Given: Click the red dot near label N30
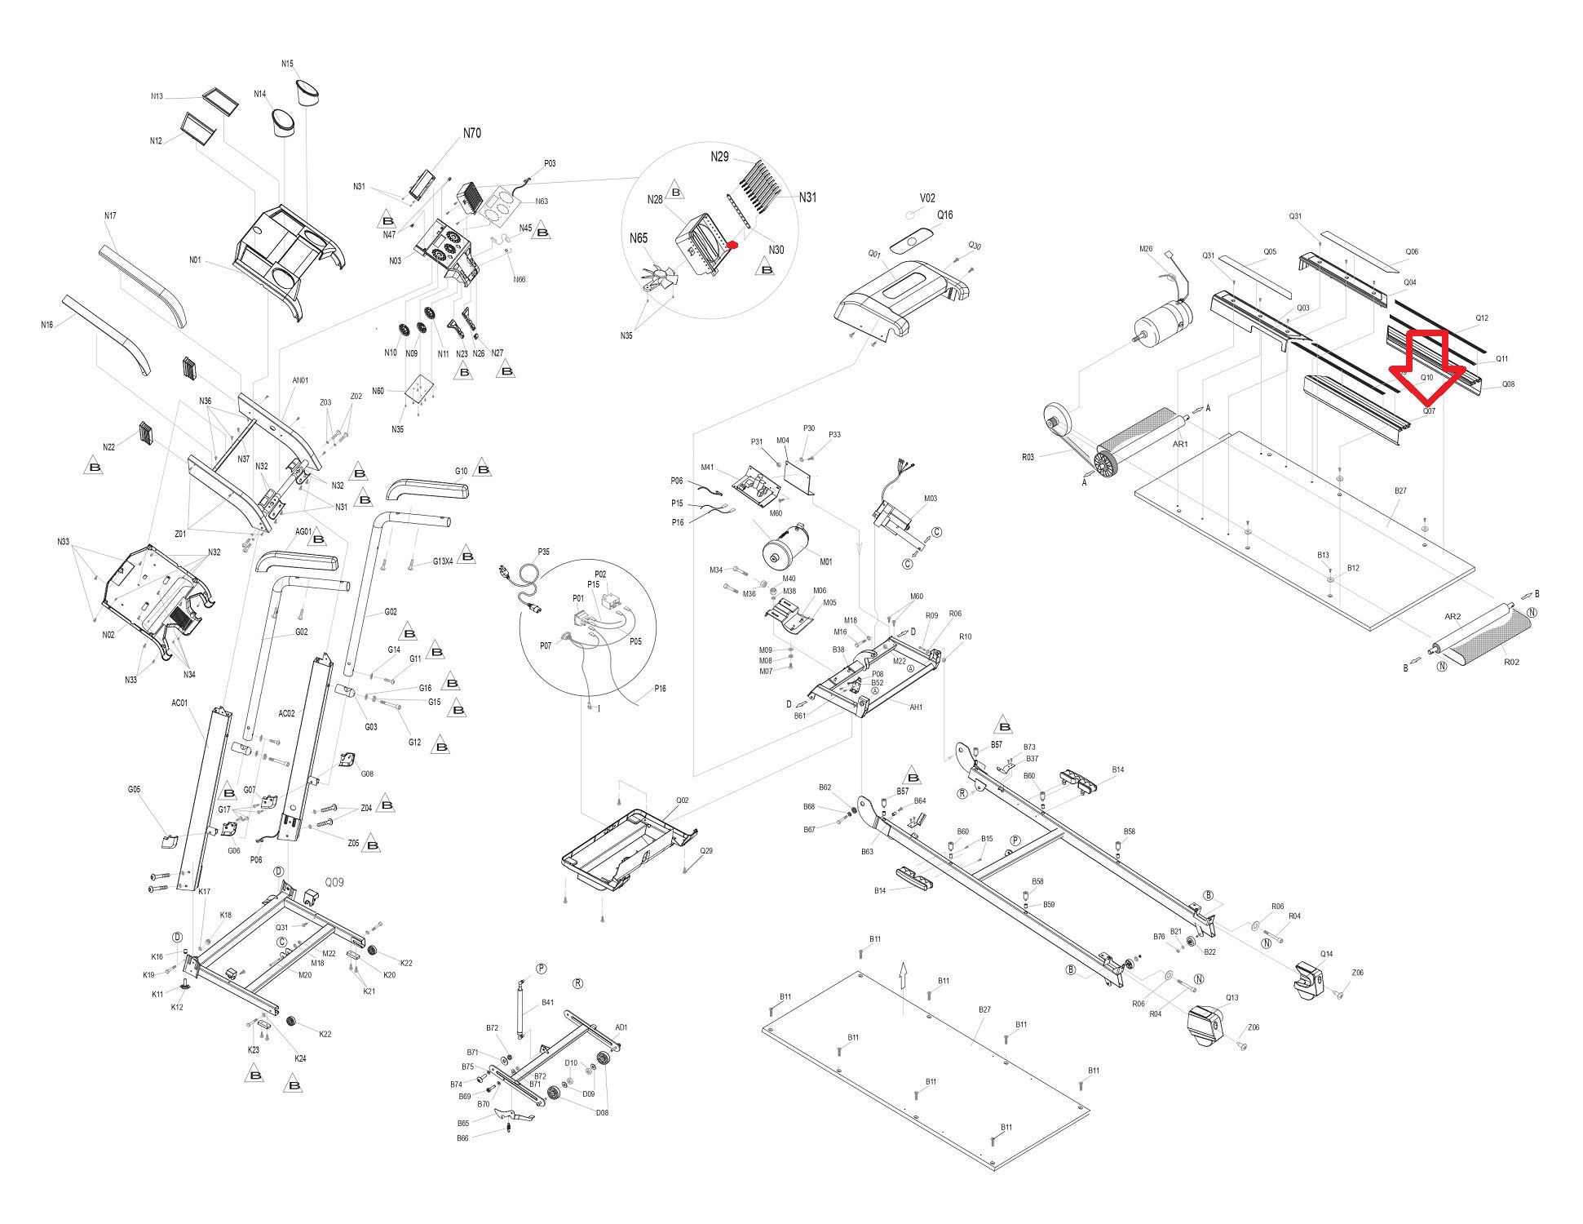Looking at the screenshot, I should tap(732, 244).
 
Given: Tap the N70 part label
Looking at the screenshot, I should tap(471, 133).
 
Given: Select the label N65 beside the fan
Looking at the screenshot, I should tap(638, 238).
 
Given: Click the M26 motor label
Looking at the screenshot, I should tap(1146, 249).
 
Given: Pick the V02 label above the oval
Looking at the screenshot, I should tap(927, 198).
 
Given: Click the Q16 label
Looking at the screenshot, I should tap(944, 215).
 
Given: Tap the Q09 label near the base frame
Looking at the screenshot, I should tap(334, 882).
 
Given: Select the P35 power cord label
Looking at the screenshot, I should tap(544, 552).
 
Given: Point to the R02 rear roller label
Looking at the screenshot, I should tap(1510, 662).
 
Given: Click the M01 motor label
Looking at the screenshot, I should tap(825, 561).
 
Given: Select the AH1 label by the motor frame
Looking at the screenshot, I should tap(916, 707).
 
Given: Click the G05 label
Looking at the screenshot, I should tap(134, 789).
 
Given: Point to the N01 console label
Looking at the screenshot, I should tap(195, 260).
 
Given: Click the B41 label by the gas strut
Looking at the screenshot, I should tap(547, 1002).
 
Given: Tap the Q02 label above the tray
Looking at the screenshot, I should tap(682, 800).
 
